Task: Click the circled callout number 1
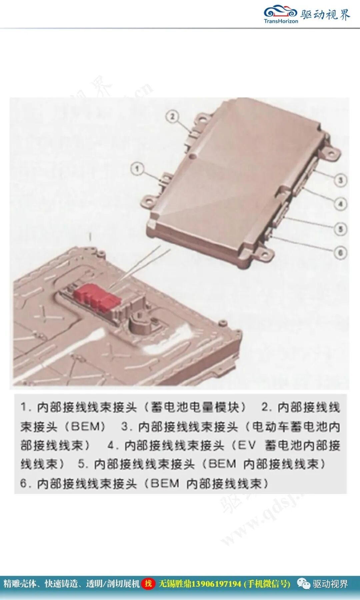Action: pos(137,168)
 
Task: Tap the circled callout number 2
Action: pos(173,117)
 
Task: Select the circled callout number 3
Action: pos(340,180)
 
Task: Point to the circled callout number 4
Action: pos(341,204)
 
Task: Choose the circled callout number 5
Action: pos(341,229)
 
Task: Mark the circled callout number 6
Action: pos(341,253)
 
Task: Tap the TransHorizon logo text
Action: pos(281,21)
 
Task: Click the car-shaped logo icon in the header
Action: pos(280,12)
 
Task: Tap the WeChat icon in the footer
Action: pos(303,584)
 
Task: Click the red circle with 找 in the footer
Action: pos(148,583)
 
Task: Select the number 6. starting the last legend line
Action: pos(25,484)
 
